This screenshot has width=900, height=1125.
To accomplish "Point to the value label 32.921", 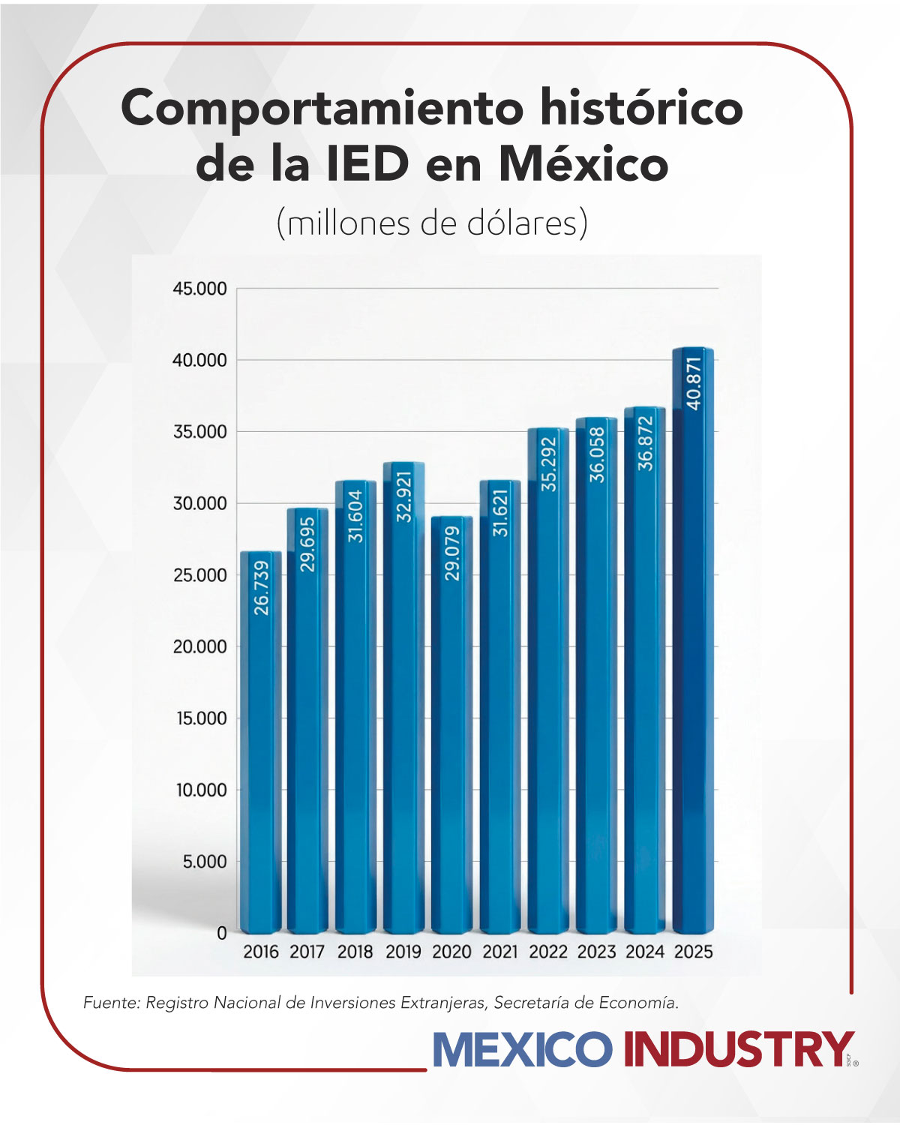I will pyautogui.click(x=404, y=496).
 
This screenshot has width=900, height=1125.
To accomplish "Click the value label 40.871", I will pyautogui.click(x=694, y=383).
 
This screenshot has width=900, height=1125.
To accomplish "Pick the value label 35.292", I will pyautogui.click(x=549, y=464).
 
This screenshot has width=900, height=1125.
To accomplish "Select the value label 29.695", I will pyautogui.click(x=307, y=544).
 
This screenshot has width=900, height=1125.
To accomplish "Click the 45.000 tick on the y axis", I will pyautogui.click(x=199, y=289).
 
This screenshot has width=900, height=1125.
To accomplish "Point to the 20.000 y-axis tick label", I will pyautogui.click(x=199, y=646).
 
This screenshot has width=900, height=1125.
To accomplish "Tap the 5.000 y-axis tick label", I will pyautogui.click(x=204, y=862).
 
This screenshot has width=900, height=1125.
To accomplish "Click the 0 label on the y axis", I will pyautogui.click(x=221, y=933).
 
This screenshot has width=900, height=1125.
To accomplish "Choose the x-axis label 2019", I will pyautogui.click(x=403, y=952).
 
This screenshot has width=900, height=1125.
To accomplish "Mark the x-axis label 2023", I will pyautogui.click(x=596, y=952).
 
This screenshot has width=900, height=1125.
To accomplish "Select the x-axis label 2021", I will pyautogui.click(x=500, y=952).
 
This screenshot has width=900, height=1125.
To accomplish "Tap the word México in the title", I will pyautogui.click(x=583, y=163).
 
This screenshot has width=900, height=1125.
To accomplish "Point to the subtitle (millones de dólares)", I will pyautogui.click(x=432, y=223).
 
